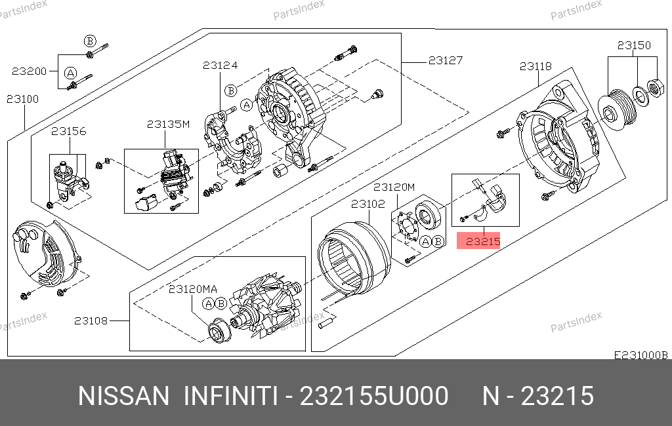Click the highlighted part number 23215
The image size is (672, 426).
[x=483, y=241]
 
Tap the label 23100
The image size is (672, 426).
[x=23, y=100]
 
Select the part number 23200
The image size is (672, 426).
[x=29, y=71]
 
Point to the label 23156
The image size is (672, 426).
[x=68, y=131]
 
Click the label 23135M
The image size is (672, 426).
[x=168, y=124]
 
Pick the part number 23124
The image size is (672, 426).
[x=220, y=65]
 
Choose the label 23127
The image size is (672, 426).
[x=446, y=60]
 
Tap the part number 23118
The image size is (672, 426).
[x=535, y=66]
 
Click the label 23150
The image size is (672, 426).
[x=634, y=45]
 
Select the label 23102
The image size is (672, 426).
[x=368, y=204]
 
